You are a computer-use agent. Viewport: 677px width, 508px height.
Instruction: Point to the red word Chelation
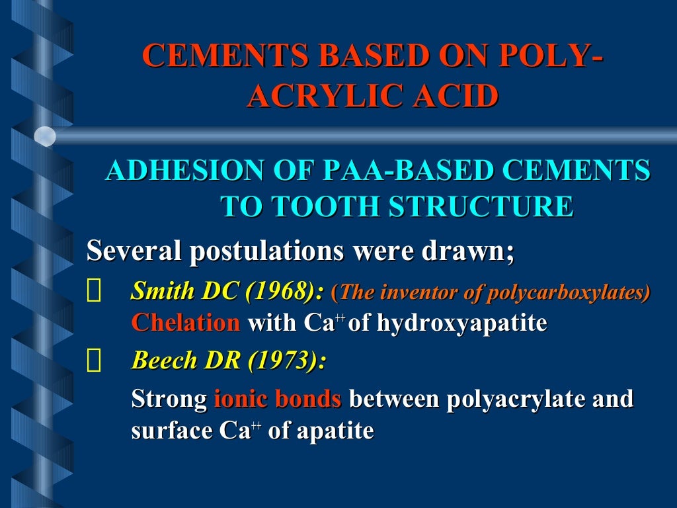coord(186,323)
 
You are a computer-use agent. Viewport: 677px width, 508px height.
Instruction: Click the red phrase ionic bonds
coord(277,400)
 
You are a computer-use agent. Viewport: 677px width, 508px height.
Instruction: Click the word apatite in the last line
coord(335,431)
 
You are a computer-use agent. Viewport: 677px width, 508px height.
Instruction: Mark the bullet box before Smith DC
coord(94,292)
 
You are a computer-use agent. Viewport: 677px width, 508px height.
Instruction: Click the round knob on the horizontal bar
coord(45,136)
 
